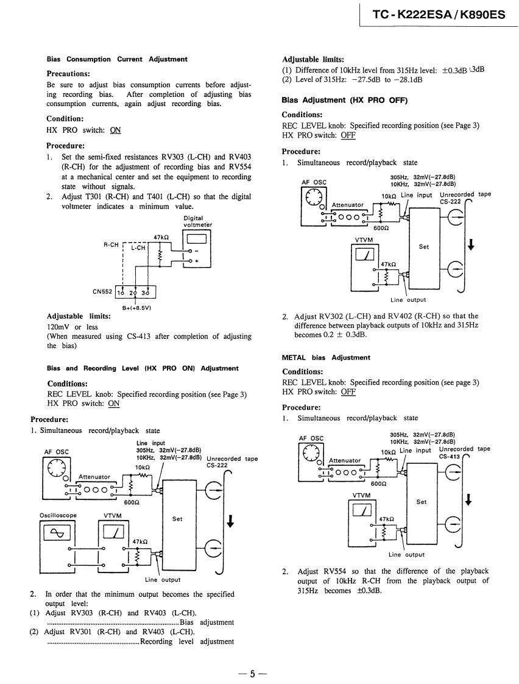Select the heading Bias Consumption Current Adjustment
(x=117, y=59)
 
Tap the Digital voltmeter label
(x=197, y=221)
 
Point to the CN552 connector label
(x=102, y=292)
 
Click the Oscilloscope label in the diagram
(x=58, y=515)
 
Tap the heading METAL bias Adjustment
(x=326, y=357)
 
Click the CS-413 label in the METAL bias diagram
(x=450, y=456)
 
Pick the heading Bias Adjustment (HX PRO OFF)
(x=344, y=100)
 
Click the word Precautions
(x=69, y=74)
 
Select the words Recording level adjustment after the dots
(x=187, y=641)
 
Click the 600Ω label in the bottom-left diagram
(x=132, y=503)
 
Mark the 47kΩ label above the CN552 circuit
(x=161, y=238)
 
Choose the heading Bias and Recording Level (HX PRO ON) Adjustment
(x=143, y=368)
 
